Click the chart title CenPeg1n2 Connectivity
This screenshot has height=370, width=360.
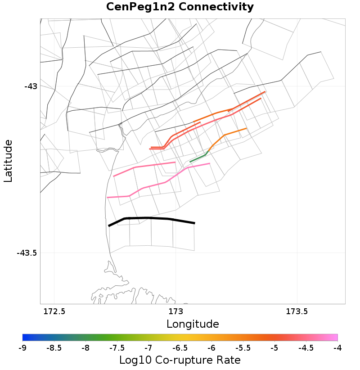(180, 7)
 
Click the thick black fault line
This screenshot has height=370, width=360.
(151, 218)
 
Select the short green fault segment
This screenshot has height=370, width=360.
(198, 158)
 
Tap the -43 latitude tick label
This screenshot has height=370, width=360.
(31, 86)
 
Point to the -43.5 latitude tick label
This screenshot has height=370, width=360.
(27, 253)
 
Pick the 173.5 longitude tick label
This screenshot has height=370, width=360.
(297, 311)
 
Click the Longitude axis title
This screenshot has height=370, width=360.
(193, 324)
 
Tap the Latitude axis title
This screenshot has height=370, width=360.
(8, 161)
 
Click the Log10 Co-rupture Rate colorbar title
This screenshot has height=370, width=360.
(180, 360)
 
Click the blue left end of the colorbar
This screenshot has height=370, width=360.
(25, 338)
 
